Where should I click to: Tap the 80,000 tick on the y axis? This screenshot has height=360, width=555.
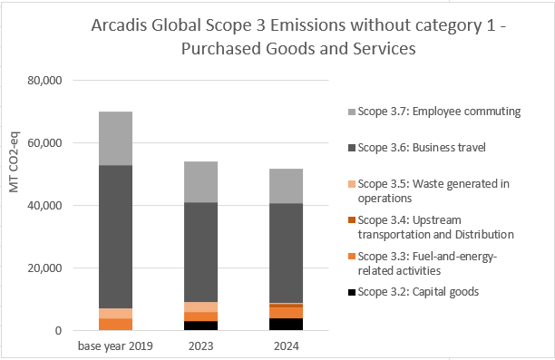point(41,81)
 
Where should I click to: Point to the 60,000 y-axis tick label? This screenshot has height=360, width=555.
point(41,143)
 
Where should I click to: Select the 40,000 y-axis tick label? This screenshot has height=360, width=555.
point(41,206)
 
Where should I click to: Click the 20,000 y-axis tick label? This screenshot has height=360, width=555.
point(41,268)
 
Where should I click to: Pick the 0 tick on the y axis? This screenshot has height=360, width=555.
point(56,331)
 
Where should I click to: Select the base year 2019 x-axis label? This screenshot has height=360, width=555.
point(115,346)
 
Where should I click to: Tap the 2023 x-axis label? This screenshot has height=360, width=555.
point(200,346)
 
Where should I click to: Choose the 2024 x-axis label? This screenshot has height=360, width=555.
point(286,346)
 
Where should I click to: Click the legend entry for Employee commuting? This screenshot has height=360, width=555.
point(426,112)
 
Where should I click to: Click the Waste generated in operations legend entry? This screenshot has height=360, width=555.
point(426,190)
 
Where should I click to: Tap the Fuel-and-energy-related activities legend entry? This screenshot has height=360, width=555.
point(426,263)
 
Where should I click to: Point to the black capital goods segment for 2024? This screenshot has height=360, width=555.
point(286,325)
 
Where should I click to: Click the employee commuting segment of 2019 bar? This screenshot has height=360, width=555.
point(115,138)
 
